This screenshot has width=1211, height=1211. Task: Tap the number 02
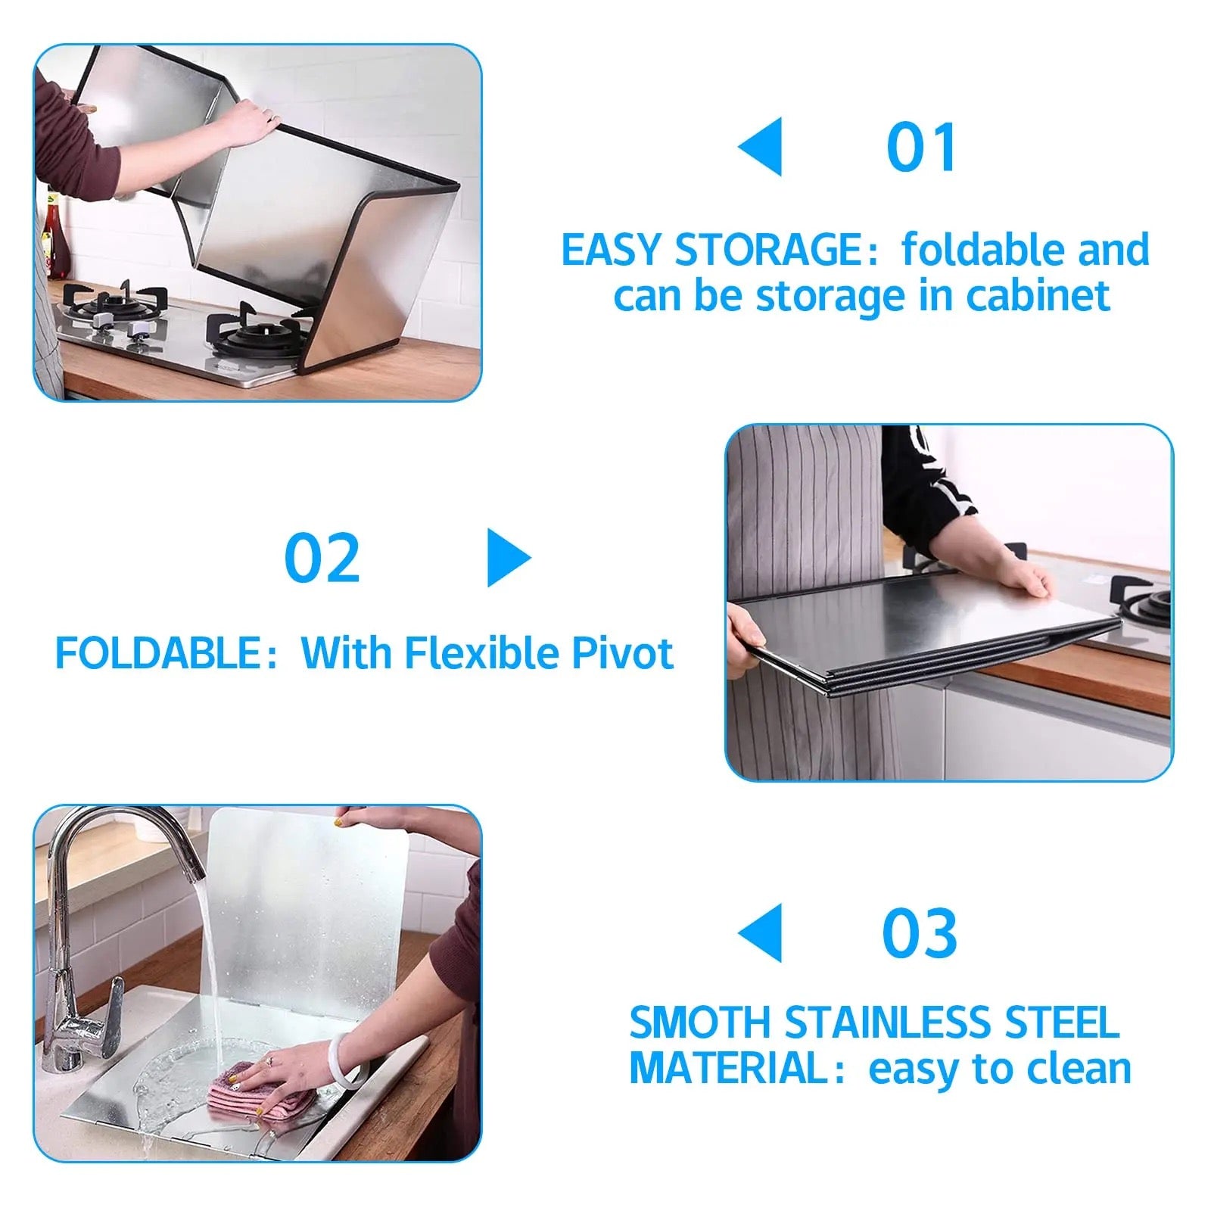[x=322, y=558]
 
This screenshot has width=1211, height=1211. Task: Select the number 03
[x=920, y=932]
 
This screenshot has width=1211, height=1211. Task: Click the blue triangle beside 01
[x=760, y=147]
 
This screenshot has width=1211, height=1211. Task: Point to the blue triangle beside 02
[x=509, y=558]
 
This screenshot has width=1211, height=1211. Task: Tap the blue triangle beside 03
[x=760, y=932]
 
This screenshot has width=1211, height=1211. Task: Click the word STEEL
[x=1061, y=1023]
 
